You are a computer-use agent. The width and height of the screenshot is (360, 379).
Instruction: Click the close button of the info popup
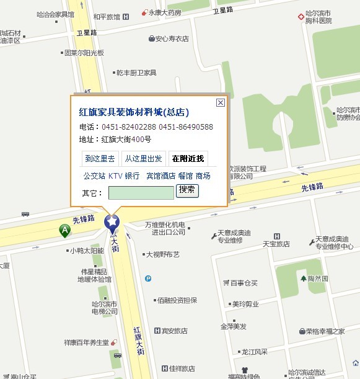click(x=220, y=103)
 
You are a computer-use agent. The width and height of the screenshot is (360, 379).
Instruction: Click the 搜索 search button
click(x=187, y=190)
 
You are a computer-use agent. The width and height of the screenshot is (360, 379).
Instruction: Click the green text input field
click(x=141, y=193)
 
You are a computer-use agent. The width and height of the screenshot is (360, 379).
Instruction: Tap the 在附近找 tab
click(x=188, y=159)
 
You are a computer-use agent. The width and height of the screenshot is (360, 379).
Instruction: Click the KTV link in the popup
click(x=115, y=176)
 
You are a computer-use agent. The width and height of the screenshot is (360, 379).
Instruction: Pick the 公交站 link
click(x=94, y=176)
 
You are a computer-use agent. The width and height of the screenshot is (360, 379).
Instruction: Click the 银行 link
click(x=132, y=176)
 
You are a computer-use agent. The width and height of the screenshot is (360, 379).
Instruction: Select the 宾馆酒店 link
click(x=160, y=176)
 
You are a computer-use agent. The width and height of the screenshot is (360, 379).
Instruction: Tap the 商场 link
click(x=203, y=176)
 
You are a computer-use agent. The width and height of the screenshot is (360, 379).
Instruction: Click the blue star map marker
click(x=112, y=221)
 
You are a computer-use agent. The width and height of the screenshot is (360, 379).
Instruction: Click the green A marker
click(x=64, y=231)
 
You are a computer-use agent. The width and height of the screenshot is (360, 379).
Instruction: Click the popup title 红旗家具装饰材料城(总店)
click(x=134, y=112)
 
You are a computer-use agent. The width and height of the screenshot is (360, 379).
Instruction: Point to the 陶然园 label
click(x=318, y=279)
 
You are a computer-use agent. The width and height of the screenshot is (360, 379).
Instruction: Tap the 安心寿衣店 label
click(x=172, y=38)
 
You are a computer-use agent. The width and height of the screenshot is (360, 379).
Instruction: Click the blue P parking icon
click(x=147, y=279)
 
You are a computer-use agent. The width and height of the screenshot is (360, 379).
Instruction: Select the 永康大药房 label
click(x=164, y=12)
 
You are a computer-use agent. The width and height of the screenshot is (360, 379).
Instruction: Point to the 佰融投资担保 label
click(x=177, y=300)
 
